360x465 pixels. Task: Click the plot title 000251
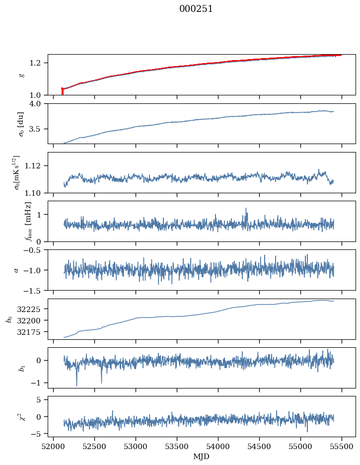tap(196, 9)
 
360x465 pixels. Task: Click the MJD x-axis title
tap(201, 457)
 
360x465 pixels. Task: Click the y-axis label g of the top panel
tap(21, 75)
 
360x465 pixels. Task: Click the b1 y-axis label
tap(21, 368)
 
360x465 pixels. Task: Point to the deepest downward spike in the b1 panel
tap(76, 386)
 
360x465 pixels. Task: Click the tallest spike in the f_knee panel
tap(246, 209)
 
